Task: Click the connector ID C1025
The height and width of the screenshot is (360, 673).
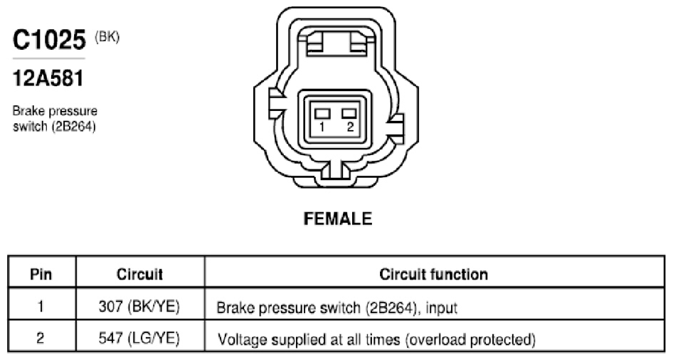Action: (49, 40)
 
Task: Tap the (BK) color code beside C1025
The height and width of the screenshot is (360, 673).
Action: (107, 37)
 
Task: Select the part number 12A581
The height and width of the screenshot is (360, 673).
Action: (48, 78)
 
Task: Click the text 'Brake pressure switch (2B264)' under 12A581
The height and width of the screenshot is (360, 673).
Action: (55, 118)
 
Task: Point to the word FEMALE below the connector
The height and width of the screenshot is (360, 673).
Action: (337, 219)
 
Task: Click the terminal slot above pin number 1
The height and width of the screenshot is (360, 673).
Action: (322, 113)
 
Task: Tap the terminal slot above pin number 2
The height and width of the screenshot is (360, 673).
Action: (349, 113)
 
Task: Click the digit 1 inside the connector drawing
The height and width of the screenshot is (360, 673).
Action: (322, 127)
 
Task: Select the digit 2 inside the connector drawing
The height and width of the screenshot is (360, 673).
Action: (350, 127)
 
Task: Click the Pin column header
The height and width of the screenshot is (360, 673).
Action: (41, 274)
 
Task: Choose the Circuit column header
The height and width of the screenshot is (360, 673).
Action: (140, 274)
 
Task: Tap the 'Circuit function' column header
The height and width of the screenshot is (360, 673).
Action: (433, 274)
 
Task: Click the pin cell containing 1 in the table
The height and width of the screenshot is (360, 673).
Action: (41, 307)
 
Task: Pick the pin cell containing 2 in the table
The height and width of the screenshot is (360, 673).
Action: (41, 338)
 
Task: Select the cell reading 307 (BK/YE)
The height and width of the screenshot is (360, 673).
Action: (139, 307)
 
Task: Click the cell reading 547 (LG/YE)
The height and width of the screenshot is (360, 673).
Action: (139, 339)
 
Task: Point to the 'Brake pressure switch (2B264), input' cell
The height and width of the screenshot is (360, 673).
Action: (337, 307)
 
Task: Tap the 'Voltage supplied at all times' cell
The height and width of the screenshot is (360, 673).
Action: (377, 339)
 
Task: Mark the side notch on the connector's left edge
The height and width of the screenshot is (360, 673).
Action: (277, 103)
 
